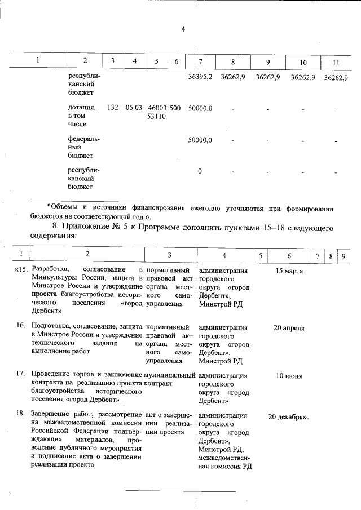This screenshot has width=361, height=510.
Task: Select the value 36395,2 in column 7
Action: pyautogui.click(x=200, y=77)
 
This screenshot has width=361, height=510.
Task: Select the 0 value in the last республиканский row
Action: pyautogui.click(x=200, y=171)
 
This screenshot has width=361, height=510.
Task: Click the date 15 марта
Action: pyautogui.click(x=289, y=271)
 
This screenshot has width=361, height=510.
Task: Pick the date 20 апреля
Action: pyautogui.click(x=289, y=328)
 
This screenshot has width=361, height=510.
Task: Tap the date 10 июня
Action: pyautogui.click(x=289, y=376)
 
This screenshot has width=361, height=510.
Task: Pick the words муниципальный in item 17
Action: pyautogui.click(x=169, y=374)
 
